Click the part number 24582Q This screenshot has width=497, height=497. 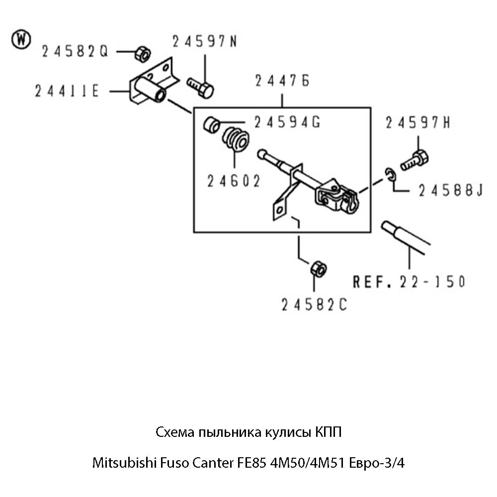[x=75, y=51]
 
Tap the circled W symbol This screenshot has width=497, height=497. [x=22, y=39]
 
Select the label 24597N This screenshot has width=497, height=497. [x=205, y=42]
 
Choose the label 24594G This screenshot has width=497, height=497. [x=287, y=122]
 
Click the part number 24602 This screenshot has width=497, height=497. [x=234, y=181]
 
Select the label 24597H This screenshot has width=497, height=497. [x=418, y=123]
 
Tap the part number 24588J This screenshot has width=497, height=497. [x=450, y=191]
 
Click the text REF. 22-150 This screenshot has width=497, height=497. [x=409, y=282]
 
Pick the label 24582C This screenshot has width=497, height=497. [x=314, y=305]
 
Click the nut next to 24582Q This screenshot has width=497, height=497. [x=142, y=52]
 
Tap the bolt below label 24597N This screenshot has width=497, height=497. [x=201, y=88]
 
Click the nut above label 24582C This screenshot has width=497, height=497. [x=317, y=269]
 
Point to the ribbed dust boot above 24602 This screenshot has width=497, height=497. [x=235, y=140]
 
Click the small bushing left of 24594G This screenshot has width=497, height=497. [x=212, y=124]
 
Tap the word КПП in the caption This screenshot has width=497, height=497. [x=329, y=432]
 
